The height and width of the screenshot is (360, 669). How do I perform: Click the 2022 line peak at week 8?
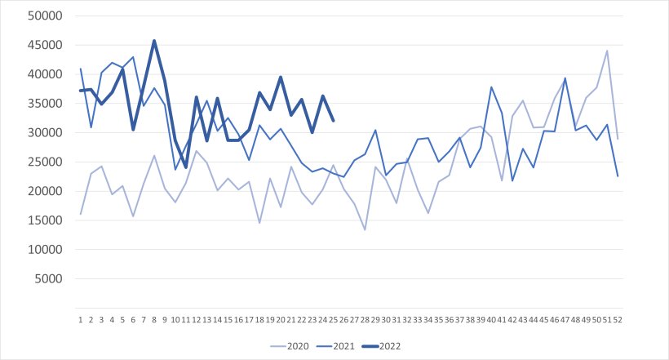[x=154, y=41]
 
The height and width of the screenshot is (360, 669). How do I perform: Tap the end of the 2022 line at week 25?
[x=334, y=121]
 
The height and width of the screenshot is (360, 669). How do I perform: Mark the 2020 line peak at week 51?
[x=608, y=51]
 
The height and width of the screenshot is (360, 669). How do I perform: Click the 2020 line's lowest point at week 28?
[x=365, y=229]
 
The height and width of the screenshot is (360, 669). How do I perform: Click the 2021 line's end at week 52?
[x=618, y=176]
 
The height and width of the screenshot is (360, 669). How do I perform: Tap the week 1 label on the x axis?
[x=81, y=320]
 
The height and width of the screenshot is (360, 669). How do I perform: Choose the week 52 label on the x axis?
[x=618, y=320]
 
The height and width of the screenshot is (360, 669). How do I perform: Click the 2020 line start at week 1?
[x=81, y=214]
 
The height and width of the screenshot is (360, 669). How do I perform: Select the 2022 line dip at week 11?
[x=186, y=167]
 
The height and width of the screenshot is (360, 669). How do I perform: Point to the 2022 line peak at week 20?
[x=281, y=77]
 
